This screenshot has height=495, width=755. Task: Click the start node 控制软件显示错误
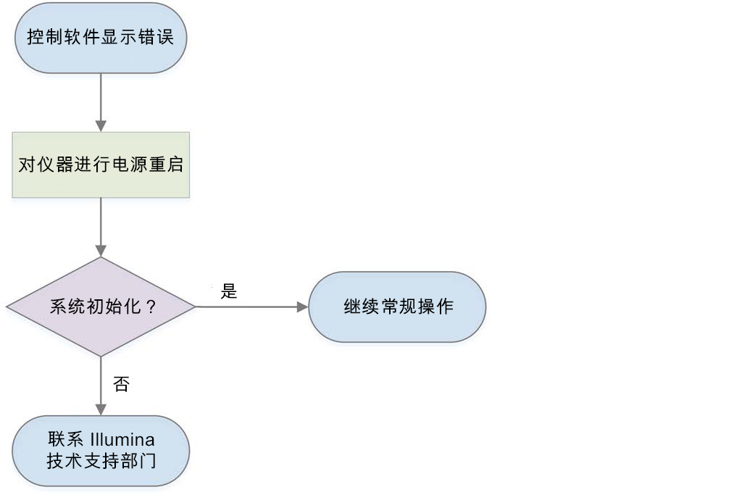coord(101,37)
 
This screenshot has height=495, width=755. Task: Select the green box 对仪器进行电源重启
coord(101,165)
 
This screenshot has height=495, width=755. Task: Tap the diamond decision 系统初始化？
coord(101,307)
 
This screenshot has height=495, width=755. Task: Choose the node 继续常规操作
coord(397,307)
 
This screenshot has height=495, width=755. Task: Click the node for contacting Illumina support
coord(101,450)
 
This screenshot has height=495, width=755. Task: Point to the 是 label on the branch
coord(229,292)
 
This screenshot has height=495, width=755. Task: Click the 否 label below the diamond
coord(121,384)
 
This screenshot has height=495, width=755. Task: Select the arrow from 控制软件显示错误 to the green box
coord(101,101)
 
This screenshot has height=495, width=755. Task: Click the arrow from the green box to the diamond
coord(101,227)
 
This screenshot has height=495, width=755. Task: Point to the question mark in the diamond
coord(151,307)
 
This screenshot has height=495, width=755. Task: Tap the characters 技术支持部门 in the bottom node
coord(101,461)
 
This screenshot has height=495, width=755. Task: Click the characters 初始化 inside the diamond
coord(112,307)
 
